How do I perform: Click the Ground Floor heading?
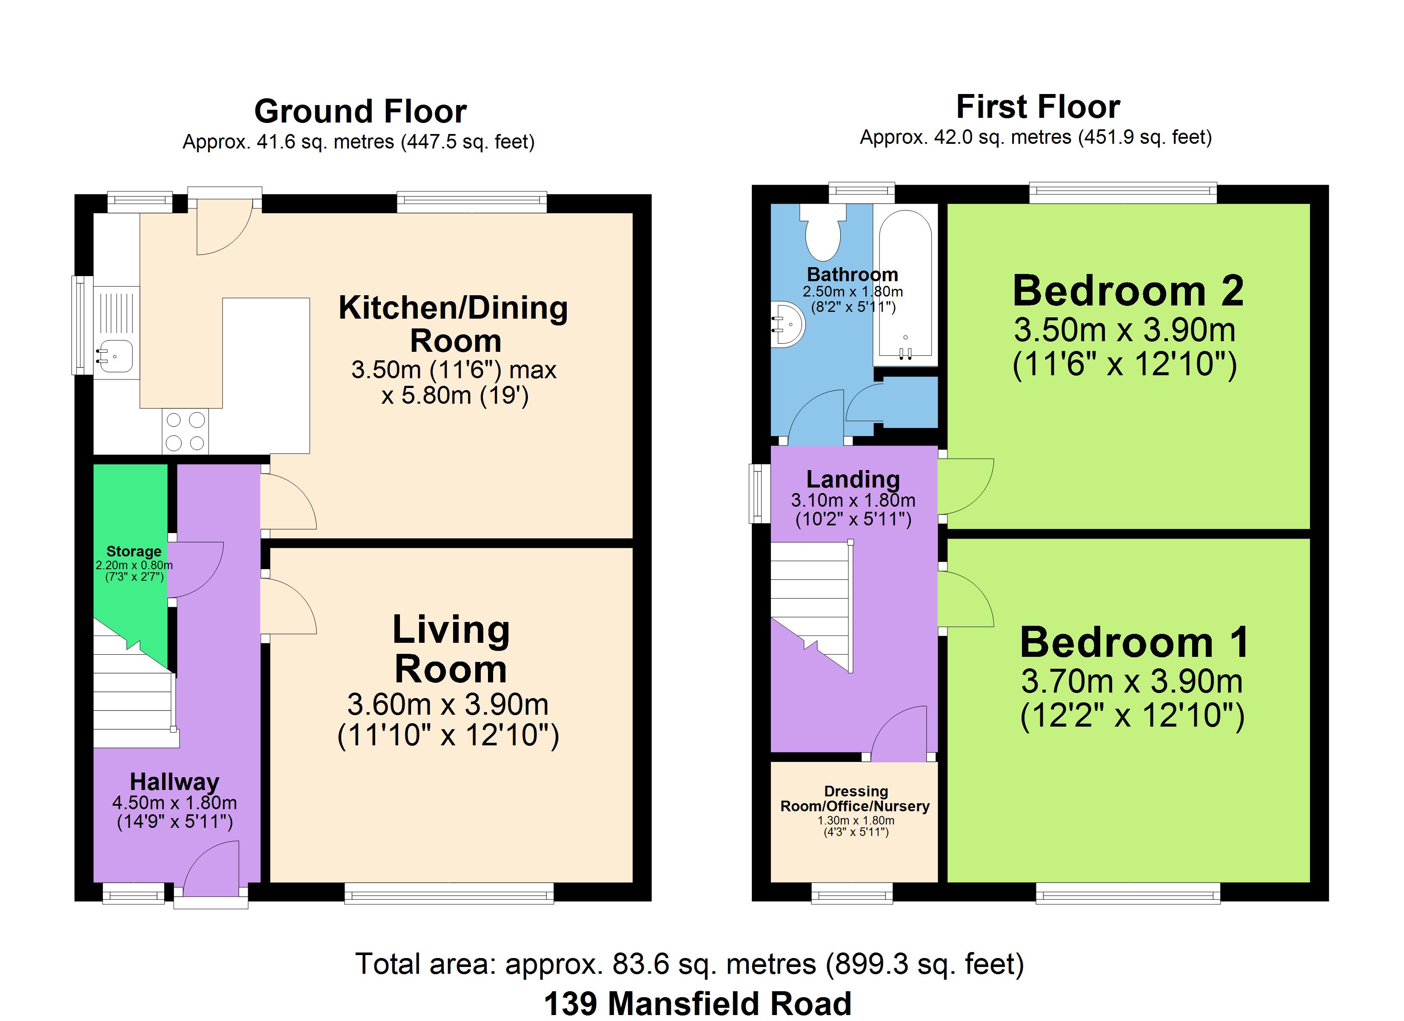point(360,111)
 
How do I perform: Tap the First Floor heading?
point(1038,106)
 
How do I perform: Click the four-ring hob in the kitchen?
point(185,431)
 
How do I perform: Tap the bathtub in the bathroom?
point(905,285)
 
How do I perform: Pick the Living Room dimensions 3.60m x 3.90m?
point(448,704)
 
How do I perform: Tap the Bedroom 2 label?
point(1128,291)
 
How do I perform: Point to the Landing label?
point(853,479)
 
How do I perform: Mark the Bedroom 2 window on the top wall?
point(1123,193)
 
